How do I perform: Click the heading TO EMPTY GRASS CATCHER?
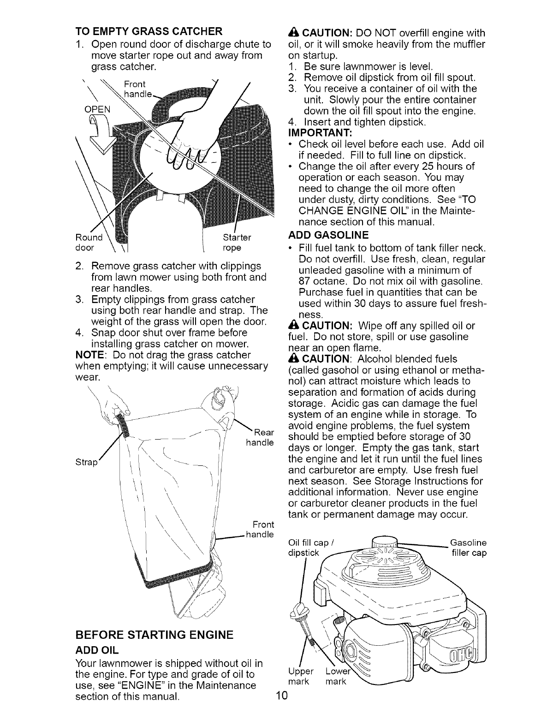[x=149, y=32]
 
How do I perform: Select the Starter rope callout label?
[x=237, y=242]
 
